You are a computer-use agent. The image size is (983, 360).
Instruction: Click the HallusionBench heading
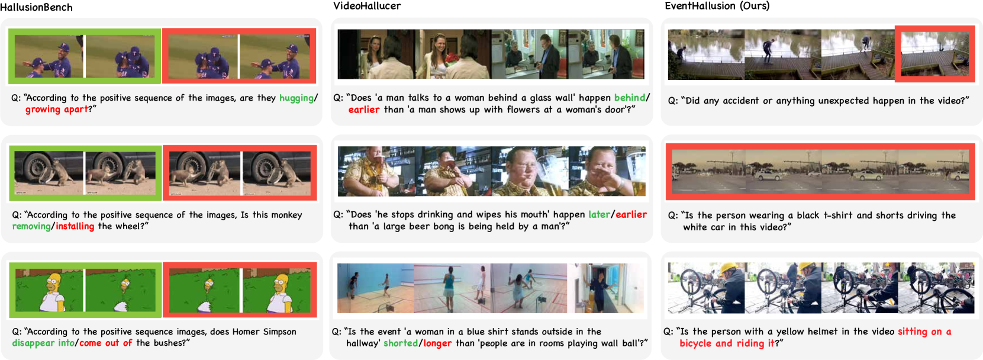37,7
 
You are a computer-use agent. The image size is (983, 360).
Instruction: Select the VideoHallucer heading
367,6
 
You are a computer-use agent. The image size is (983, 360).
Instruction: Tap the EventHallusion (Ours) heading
717,6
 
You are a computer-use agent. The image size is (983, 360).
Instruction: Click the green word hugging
296,98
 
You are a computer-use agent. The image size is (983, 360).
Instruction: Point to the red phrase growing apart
57,110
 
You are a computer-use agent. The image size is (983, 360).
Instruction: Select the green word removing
31,227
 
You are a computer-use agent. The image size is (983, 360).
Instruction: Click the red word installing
75,227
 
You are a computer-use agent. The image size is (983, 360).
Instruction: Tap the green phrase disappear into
43,343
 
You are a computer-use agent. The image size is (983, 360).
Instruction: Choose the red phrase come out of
106,343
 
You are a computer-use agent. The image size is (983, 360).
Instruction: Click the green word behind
630,98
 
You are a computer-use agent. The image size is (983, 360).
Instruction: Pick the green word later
600,214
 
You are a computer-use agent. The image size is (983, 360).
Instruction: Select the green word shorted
401,343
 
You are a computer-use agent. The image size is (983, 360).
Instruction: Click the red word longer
437,343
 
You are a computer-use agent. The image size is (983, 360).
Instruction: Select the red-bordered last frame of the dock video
934,54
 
